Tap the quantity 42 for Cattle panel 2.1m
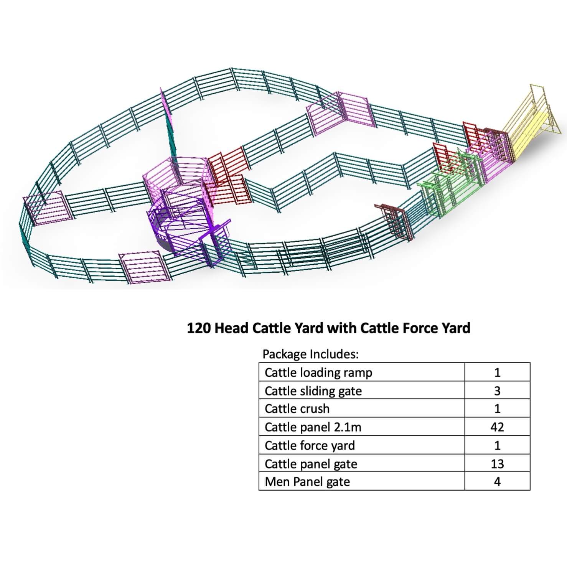[497, 427]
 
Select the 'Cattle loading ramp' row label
[318, 373]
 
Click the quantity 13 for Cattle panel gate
[497, 464]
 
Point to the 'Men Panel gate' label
[307, 481]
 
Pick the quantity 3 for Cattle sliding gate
[497, 391]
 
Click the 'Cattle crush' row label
[297, 409]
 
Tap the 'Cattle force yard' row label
[310, 445]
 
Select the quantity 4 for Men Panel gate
[497, 481]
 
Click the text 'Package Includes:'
[310, 354]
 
